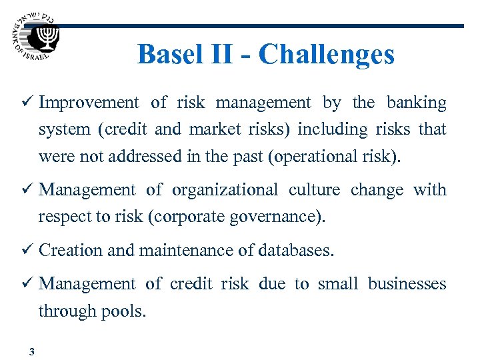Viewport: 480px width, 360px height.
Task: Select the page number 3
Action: pyautogui.click(x=31, y=353)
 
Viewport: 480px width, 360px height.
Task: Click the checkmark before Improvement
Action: pyautogui.click(x=27, y=103)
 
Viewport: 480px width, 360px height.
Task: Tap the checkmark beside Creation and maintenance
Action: pyautogui.click(x=27, y=251)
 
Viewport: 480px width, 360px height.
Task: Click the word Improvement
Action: pyautogui.click(x=89, y=103)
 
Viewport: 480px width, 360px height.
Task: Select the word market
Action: pyautogui.click(x=209, y=129)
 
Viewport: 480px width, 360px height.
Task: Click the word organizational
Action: pyautogui.click(x=225, y=190)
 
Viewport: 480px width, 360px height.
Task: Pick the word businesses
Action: pyautogui.click(x=407, y=284)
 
